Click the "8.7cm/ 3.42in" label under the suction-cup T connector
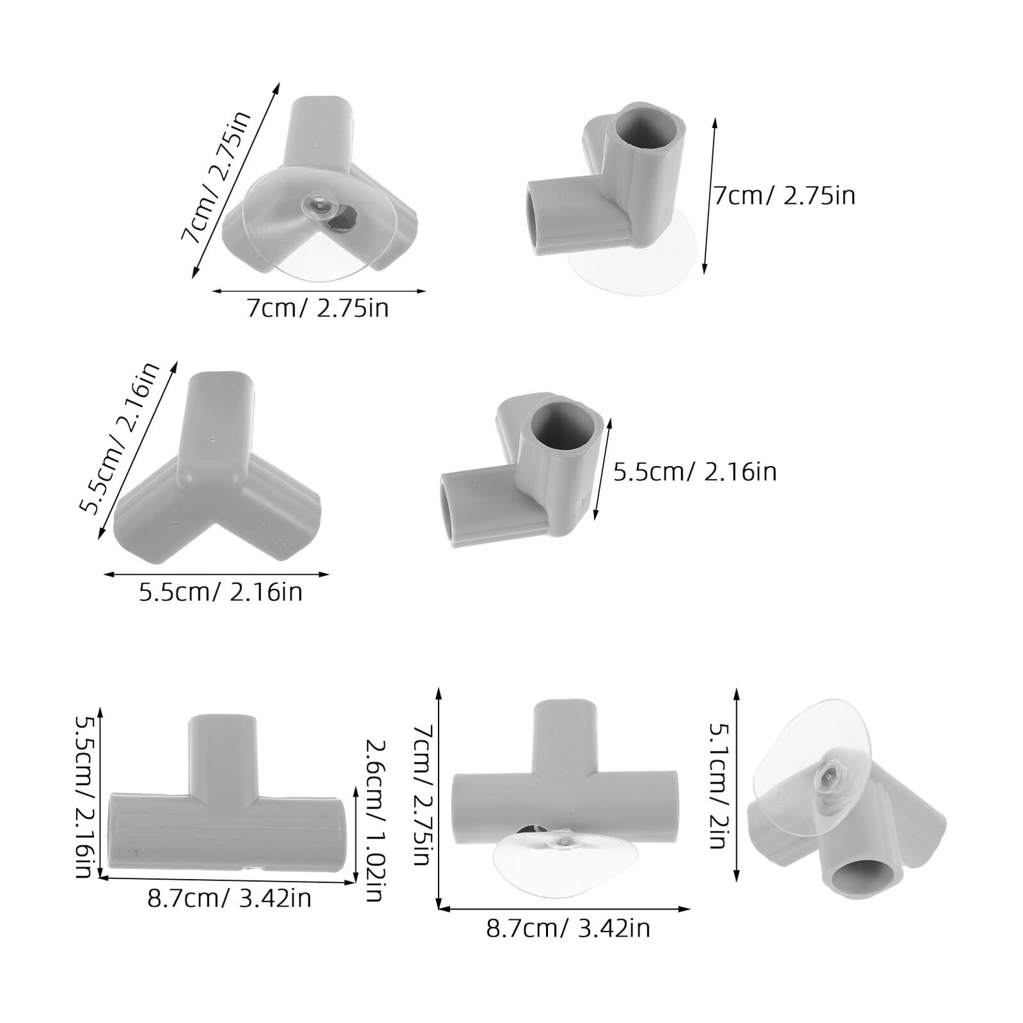pyautogui.click(x=568, y=928)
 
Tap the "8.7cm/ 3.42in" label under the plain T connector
pyautogui.click(x=229, y=898)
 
